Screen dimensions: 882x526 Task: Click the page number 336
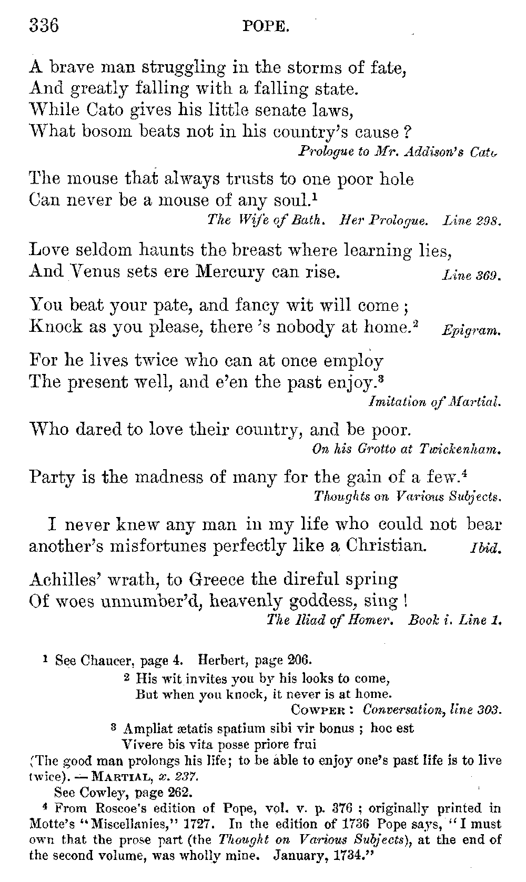tap(44, 25)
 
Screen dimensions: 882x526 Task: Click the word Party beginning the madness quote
tap(53, 477)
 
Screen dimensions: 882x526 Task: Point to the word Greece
tap(217, 580)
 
